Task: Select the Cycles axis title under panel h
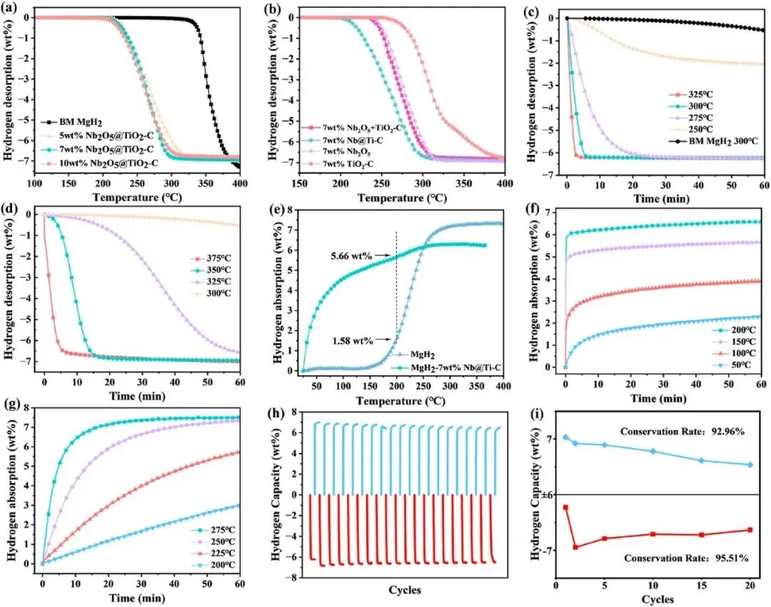click(405, 590)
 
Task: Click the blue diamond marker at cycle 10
click(653, 452)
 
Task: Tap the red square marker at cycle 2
click(575, 547)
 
